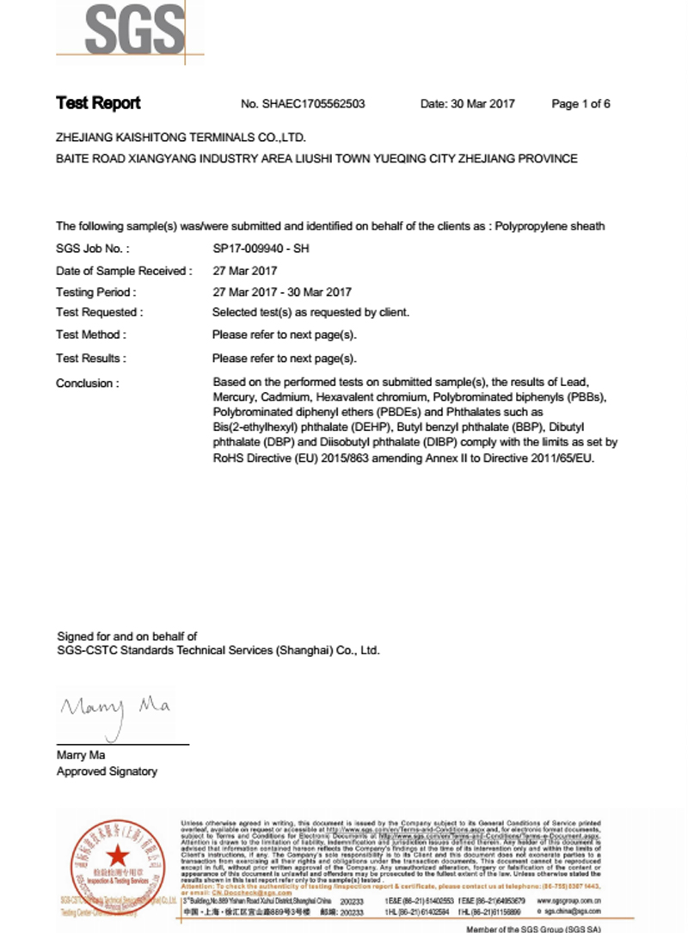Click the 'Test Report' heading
point(98,103)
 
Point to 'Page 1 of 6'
point(580,104)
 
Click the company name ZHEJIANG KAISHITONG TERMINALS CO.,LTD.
point(181,137)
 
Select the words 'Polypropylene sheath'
point(550,226)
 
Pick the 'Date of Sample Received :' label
point(124,271)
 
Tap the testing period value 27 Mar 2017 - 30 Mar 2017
point(281,292)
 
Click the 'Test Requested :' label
point(99,313)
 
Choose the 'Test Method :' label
point(91,335)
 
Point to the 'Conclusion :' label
point(88,384)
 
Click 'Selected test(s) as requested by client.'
point(310,313)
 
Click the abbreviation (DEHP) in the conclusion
point(367,427)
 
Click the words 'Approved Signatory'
point(107,771)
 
